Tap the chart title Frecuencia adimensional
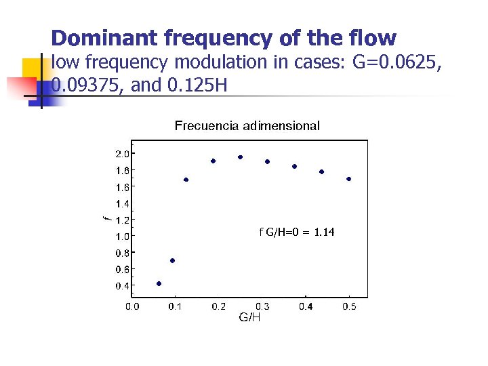point(247,125)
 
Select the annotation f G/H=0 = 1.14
point(297,232)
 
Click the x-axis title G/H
point(249,317)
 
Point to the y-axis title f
point(106,218)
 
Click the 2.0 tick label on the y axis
point(122,154)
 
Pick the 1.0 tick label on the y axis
point(122,237)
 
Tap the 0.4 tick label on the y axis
point(122,286)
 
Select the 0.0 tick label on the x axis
point(132,307)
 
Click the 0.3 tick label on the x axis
point(262,307)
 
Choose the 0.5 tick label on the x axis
point(349,307)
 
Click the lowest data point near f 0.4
point(159,283)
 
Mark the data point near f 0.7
point(172,260)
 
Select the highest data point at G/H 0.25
point(240,157)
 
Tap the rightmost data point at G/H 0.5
point(348,179)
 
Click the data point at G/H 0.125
point(186,180)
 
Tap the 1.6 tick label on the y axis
point(122,186)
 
